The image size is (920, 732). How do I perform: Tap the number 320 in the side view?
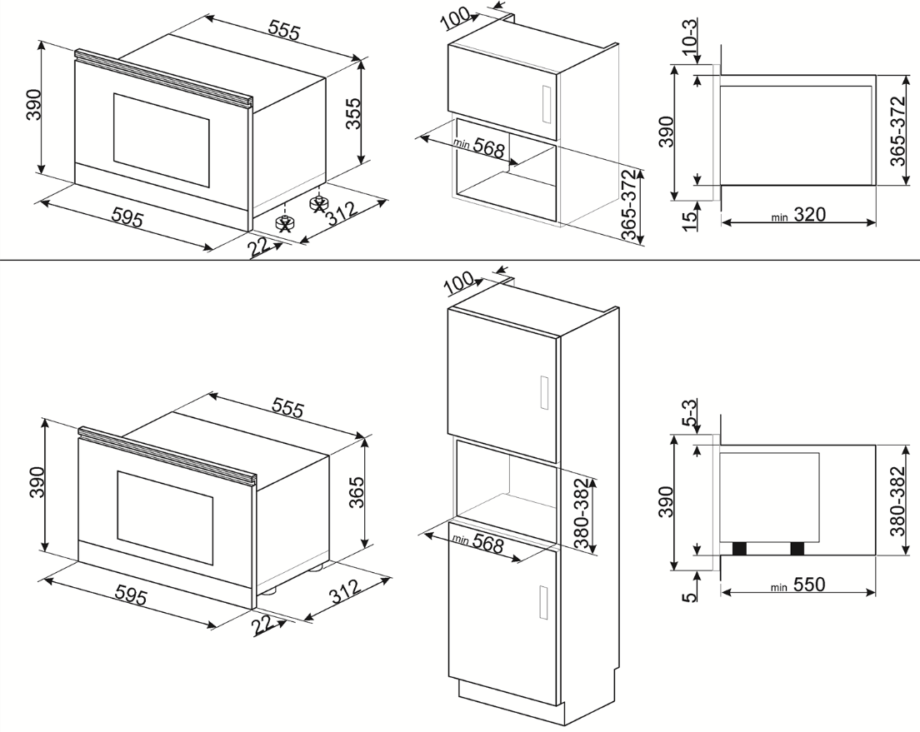click(x=810, y=215)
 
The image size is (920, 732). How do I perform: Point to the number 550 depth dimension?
click(x=809, y=585)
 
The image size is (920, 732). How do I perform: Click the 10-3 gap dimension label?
click(x=691, y=37)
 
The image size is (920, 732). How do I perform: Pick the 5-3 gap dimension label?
click(x=691, y=411)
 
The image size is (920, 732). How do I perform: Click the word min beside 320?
click(x=779, y=217)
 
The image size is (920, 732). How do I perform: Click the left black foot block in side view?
click(x=740, y=549)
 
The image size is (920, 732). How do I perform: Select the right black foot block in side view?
click(x=797, y=549)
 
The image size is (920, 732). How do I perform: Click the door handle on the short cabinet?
click(x=546, y=105)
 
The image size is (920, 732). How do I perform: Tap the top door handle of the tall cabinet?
click(x=544, y=392)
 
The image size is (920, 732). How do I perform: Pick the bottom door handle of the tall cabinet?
click(x=544, y=602)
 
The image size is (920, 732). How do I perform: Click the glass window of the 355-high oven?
click(x=161, y=140)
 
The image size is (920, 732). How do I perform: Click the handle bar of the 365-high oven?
click(x=167, y=456)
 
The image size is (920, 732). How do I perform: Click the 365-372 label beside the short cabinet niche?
click(x=629, y=205)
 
